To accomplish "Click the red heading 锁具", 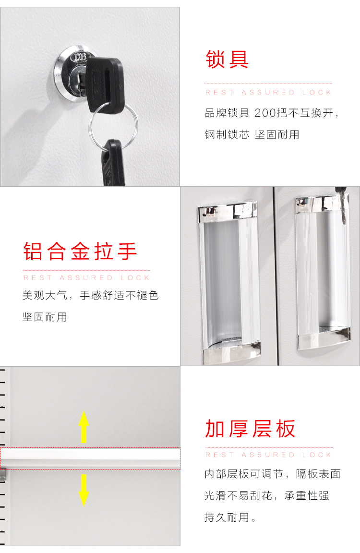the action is (x=227, y=59).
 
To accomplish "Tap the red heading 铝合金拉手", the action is (x=80, y=251).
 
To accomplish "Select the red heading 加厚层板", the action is (x=250, y=429).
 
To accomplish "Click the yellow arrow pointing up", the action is (x=84, y=427).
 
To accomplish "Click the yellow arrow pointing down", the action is (x=84, y=490).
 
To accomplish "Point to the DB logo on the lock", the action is (x=78, y=57).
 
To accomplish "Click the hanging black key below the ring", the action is (x=114, y=163).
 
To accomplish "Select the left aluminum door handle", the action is (x=229, y=282).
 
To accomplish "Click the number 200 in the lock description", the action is (x=265, y=113).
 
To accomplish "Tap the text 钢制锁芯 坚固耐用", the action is (x=252, y=134).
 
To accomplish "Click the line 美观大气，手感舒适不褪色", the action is (x=90, y=295).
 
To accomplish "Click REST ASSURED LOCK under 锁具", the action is (x=268, y=92).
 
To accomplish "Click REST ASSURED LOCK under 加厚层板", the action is (x=268, y=455).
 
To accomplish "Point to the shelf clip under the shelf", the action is (x=3, y=475).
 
